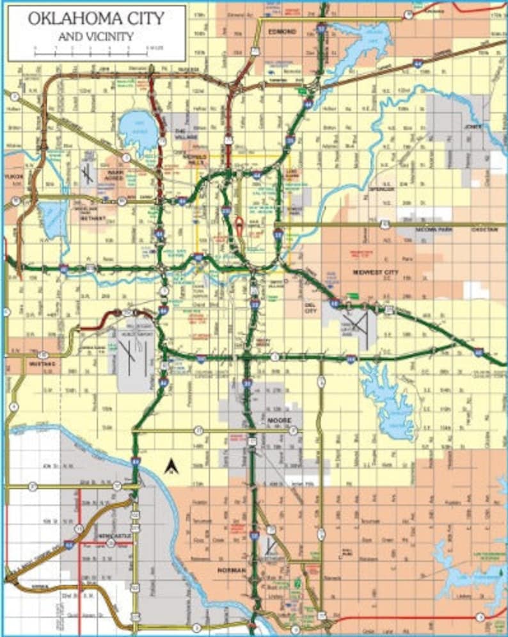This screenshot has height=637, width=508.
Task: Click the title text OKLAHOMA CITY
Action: coord(96,18)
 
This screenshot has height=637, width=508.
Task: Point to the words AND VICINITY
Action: coord(96,36)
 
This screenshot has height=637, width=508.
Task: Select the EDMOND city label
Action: coord(282,31)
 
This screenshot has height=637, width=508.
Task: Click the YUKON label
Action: coord(14,176)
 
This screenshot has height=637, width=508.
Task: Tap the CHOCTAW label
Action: coord(488,227)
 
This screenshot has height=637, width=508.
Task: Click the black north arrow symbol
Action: coord(171,467)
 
